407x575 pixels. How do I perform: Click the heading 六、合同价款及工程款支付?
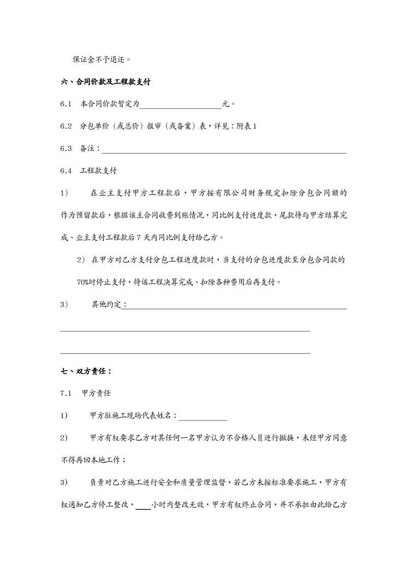click(106, 82)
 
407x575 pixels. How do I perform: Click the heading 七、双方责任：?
click(86, 372)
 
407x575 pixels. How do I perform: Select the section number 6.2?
click(66, 126)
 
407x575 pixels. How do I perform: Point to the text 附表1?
click(247, 126)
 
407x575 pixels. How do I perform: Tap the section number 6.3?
click(66, 149)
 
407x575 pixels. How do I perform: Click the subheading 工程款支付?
click(98, 171)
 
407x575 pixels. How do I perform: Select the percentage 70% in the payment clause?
click(84, 283)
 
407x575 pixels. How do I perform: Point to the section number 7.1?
click(66, 394)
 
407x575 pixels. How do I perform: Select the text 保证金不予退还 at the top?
click(102, 60)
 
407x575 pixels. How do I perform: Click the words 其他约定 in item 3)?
click(106, 304)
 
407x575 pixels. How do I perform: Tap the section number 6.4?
click(66, 171)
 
